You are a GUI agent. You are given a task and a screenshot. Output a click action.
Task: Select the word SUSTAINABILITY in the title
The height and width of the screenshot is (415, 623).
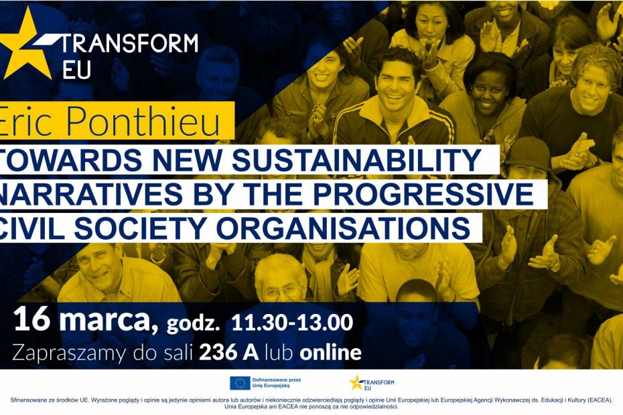click(x=356, y=160)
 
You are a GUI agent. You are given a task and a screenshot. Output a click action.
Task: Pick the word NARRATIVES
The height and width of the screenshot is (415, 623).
click(x=91, y=194)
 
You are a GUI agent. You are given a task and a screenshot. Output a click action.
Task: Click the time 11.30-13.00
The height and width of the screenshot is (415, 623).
click(x=292, y=323)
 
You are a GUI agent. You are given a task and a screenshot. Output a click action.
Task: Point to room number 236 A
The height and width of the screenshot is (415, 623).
click(x=229, y=353)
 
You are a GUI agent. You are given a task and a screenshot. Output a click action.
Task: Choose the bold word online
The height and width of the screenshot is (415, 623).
click(x=330, y=353)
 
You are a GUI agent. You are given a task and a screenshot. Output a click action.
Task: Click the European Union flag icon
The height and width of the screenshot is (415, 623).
click(x=240, y=383)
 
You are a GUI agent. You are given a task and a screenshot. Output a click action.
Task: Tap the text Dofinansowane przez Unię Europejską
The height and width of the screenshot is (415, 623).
click(x=277, y=383)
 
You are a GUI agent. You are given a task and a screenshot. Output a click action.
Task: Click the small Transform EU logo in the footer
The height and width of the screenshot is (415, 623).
click(x=372, y=383)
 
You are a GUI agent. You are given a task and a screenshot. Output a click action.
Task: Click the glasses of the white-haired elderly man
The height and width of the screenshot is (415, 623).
click(x=281, y=293)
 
